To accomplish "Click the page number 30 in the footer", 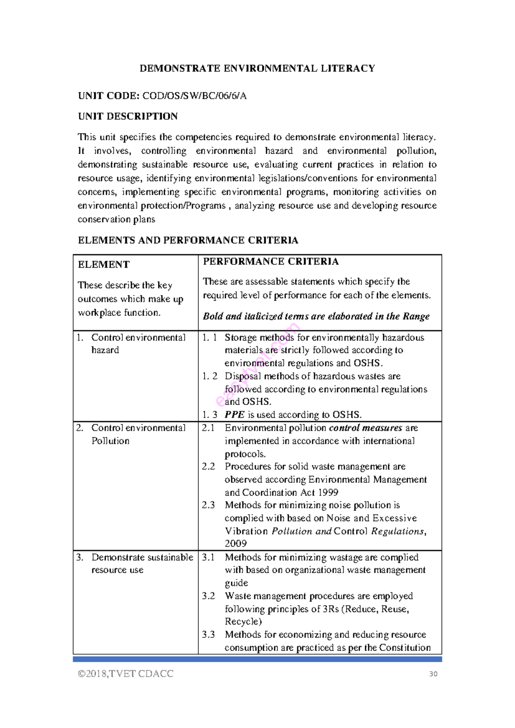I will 433,674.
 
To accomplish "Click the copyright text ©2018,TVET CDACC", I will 125,673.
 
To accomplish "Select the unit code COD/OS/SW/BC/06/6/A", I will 194,96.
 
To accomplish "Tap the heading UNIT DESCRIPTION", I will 127,116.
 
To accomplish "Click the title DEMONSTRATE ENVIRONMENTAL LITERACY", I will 257,68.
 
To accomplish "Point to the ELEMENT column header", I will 103,264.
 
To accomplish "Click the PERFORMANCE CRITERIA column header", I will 270,261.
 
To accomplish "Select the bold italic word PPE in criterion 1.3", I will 234,415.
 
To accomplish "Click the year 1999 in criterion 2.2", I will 328,492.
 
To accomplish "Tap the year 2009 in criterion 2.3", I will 236,543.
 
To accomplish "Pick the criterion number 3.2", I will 208,596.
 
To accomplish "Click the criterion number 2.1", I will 208,428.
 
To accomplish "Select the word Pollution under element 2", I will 110,441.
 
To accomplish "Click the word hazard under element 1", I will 105,350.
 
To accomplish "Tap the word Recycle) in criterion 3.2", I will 243,622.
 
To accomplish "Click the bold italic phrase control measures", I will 365,428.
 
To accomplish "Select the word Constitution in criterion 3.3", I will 405,647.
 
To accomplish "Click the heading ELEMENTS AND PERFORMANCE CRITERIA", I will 188,240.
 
